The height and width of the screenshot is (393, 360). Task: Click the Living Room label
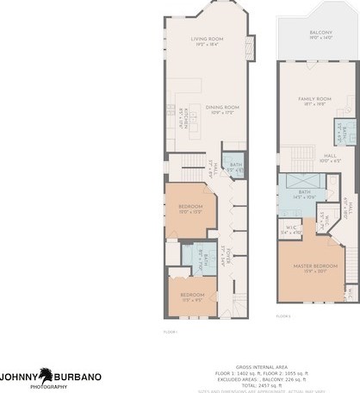tap(207, 41)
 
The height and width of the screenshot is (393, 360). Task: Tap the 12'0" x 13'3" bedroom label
tap(190, 209)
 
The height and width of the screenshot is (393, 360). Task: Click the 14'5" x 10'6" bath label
tap(304, 195)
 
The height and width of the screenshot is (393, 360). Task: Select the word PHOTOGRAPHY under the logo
tap(48, 387)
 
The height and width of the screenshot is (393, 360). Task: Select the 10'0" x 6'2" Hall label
tap(306, 158)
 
